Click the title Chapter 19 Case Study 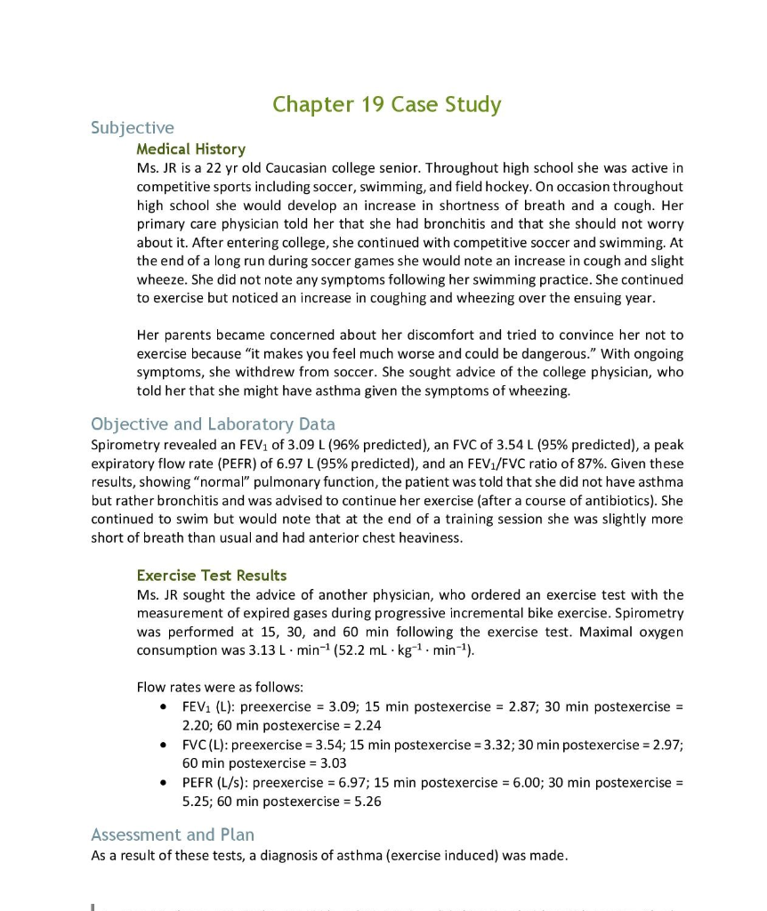(x=386, y=105)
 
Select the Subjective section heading (x=133, y=128)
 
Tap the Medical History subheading (x=190, y=149)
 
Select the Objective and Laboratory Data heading (x=213, y=423)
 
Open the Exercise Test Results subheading (x=212, y=575)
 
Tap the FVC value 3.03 (x=331, y=762)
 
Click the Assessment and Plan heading (x=173, y=834)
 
